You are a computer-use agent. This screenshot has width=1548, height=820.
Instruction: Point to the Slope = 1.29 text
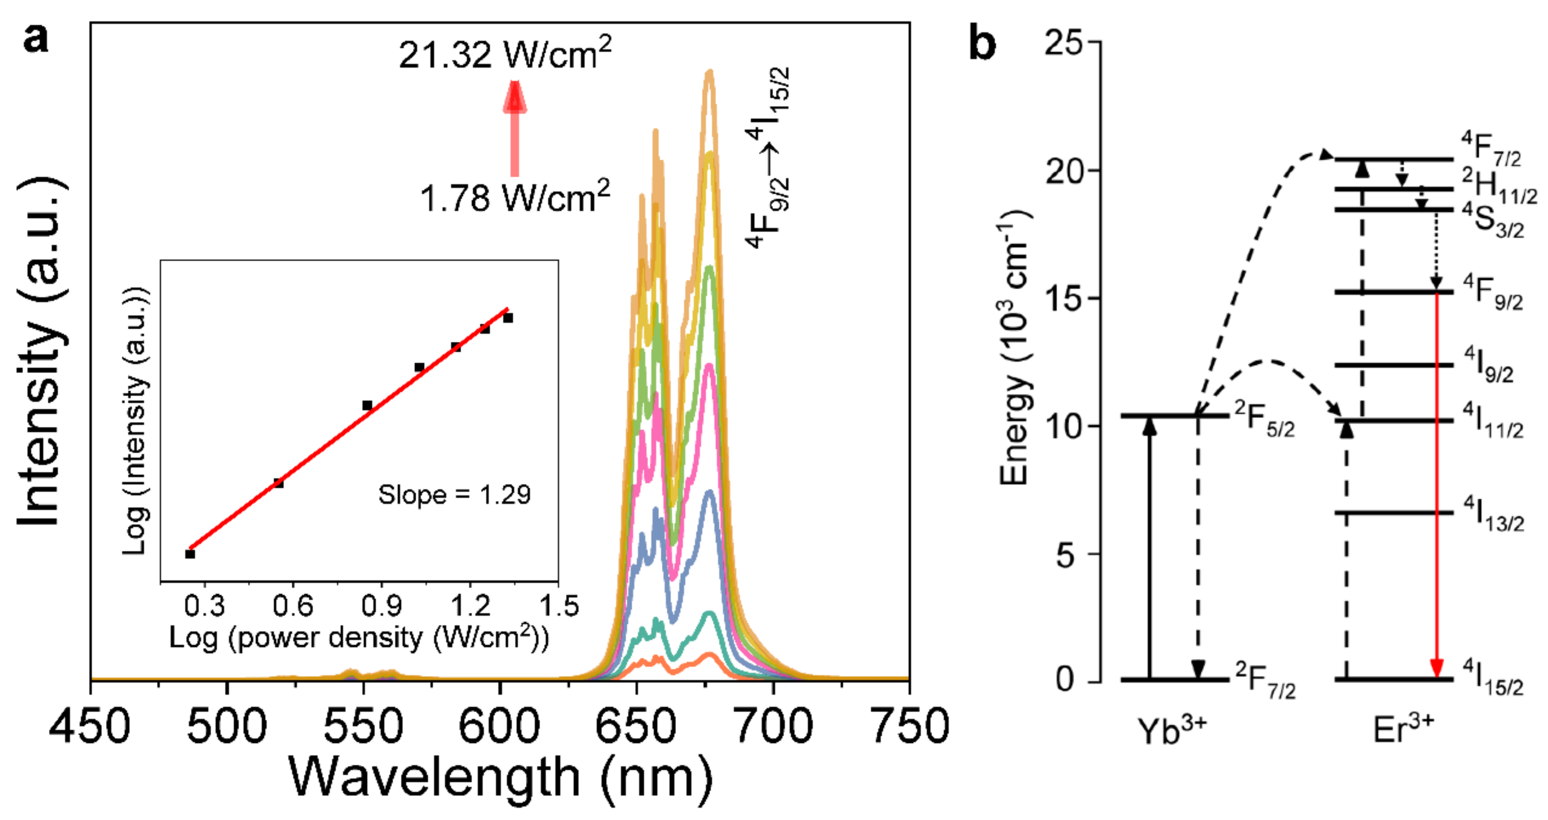coord(454,495)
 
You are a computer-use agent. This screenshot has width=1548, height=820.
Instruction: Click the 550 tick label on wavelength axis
coord(363,726)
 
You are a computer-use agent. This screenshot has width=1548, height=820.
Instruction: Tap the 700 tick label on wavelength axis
coord(774,726)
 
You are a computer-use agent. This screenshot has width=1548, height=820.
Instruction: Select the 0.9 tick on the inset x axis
coord(382,605)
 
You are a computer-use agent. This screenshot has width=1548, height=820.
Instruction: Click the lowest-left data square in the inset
coord(190,553)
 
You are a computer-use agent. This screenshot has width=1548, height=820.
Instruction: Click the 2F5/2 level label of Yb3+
coord(1264,419)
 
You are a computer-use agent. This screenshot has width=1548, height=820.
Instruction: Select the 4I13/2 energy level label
coord(1493,514)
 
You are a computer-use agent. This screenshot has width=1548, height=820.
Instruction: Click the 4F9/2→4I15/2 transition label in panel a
coord(769,157)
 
